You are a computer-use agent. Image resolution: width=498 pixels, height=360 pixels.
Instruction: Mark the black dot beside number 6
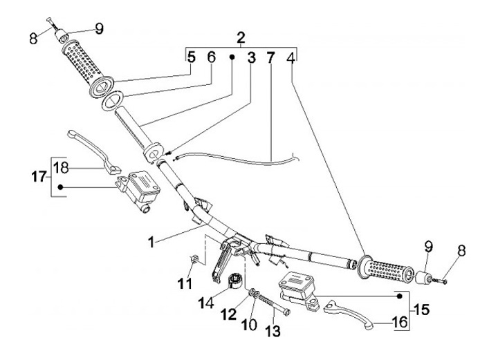tap(233, 58)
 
